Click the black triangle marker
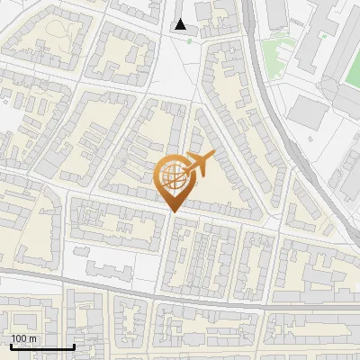182,24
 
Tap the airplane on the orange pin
199,164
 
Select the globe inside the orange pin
174,177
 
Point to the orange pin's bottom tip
174,211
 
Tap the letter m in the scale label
32,338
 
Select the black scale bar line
41,346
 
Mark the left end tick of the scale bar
11,345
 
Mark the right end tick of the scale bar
73,345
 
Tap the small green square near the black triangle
214,40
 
